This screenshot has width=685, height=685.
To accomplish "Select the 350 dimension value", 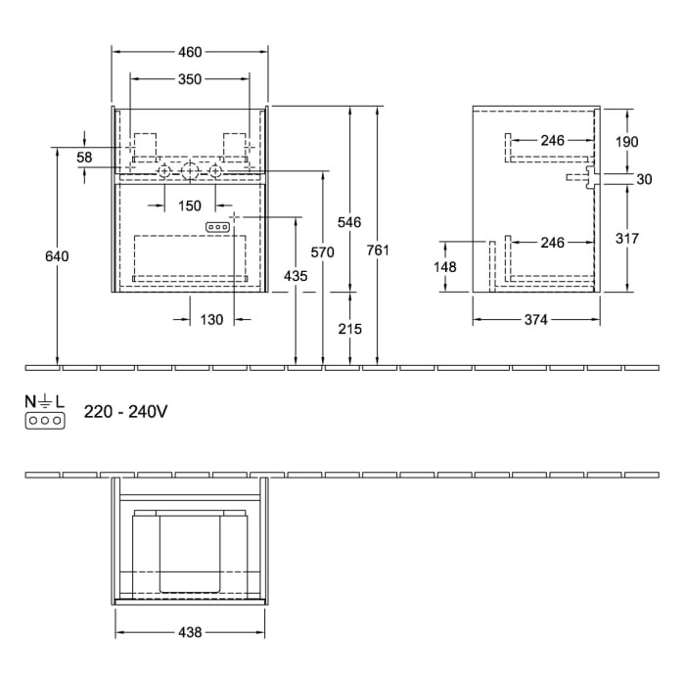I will tap(190, 80).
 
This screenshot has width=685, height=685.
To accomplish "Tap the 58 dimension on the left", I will tap(84, 158).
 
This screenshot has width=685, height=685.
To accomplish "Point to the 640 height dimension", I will tap(58, 256).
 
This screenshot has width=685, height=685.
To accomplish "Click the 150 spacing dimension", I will tap(190, 205).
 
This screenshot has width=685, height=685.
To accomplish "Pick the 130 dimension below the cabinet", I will tap(212, 319).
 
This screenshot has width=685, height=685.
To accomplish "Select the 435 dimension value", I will tap(296, 276).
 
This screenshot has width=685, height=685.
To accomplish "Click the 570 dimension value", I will tap(322, 252).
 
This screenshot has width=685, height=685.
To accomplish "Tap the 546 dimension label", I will tap(350, 222).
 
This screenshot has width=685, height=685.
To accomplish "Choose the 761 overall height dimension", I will tap(378, 251).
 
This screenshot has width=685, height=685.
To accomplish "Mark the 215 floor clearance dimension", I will tap(350, 329).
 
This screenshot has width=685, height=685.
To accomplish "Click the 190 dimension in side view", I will tap(626, 142).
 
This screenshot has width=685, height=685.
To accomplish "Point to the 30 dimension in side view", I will tap(644, 178).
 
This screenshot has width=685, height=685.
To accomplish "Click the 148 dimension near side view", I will tap(445, 265).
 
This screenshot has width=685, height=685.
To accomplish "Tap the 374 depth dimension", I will tap(534, 319).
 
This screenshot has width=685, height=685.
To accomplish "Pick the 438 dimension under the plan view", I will tap(190, 633).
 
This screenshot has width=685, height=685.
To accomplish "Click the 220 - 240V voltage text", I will tap(125, 412).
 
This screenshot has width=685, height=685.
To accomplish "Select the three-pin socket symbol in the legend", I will tap(46, 420).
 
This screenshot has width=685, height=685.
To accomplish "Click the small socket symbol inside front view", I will tap(218, 227).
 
